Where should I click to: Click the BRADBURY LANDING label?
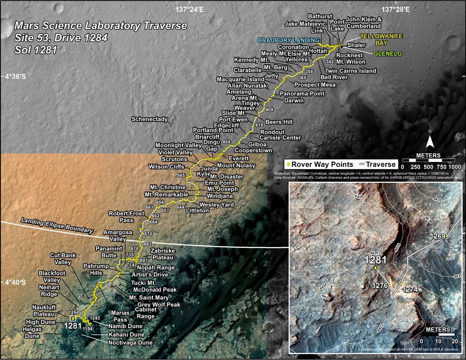click(288, 40)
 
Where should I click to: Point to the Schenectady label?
click(149, 119)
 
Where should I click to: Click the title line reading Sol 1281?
click(35, 50)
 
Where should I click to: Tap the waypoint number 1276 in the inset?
click(380, 286)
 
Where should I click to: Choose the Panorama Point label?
click(302, 94)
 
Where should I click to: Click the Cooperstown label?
click(253, 150)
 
